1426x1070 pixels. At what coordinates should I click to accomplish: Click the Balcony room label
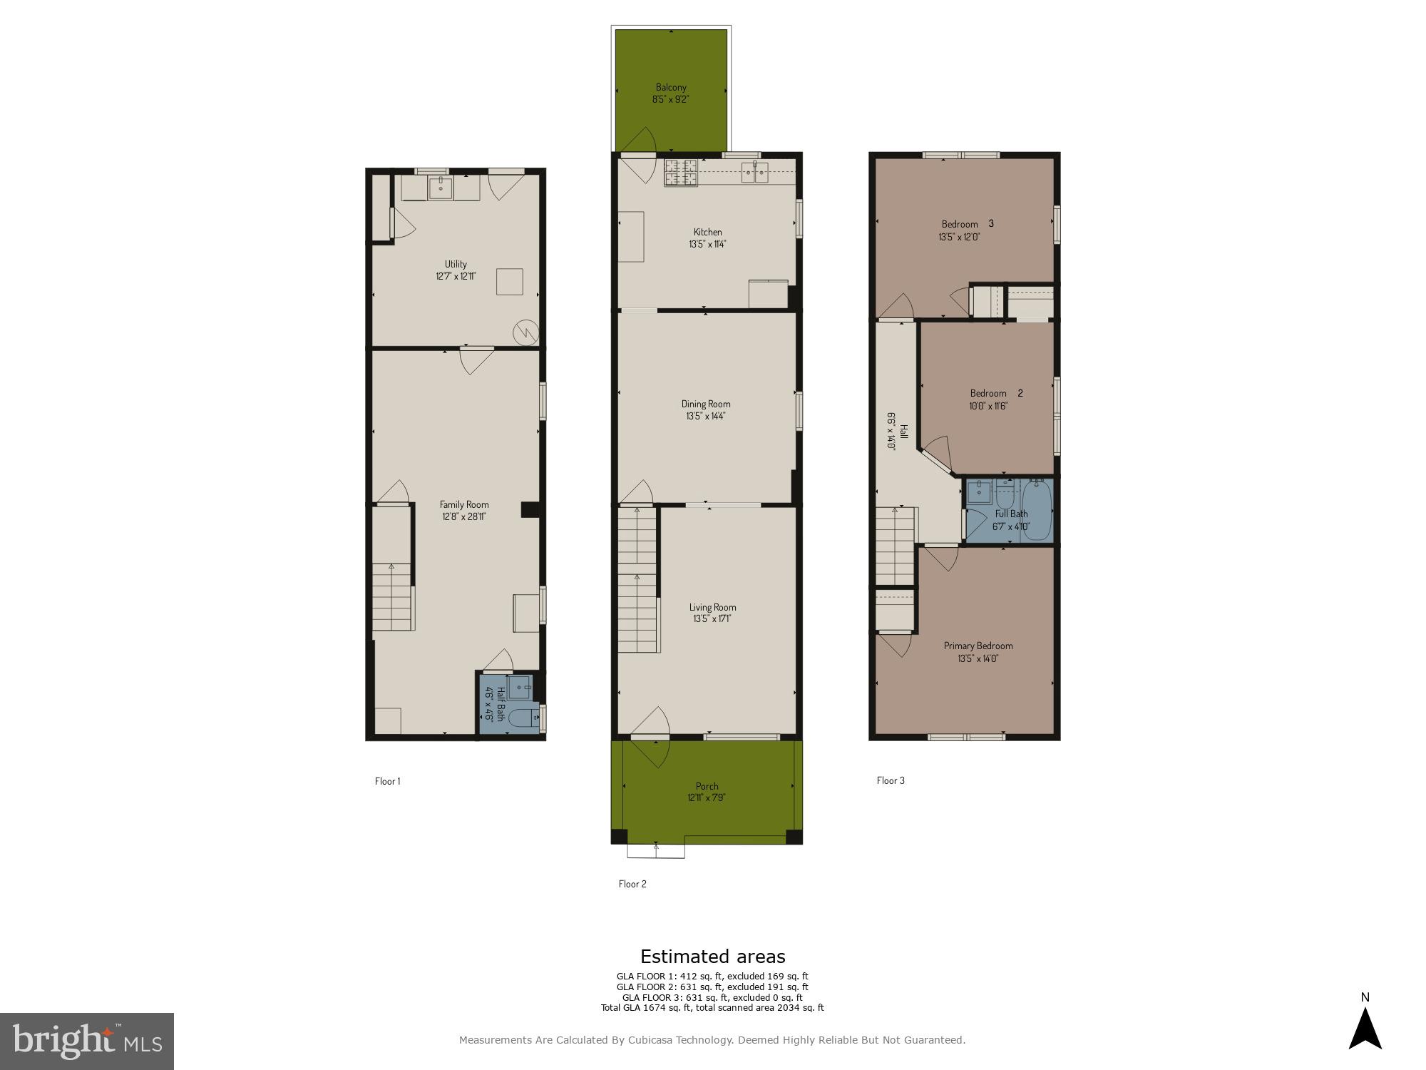click(x=671, y=87)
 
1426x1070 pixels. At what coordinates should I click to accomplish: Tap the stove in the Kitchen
click(x=681, y=173)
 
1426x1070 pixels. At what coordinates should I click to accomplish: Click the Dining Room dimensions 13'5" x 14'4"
click(x=706, y=416)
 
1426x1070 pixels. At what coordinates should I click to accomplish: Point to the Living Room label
click(x=712, y=607)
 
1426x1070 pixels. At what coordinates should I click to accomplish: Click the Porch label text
click(x=707, y=786)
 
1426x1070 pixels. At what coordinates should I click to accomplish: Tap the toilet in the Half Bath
click(x=526, y=718)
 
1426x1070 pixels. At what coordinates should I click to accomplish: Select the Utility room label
click(x=456, y=264)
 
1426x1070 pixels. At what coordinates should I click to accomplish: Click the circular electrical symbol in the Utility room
click(x=525, y=332)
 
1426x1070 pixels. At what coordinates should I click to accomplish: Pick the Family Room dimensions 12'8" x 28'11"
click(x=463, y=516)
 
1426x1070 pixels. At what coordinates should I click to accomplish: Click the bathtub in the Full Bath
click(x=1037, y=511)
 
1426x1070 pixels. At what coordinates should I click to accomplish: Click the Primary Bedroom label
click(x=978, y=646)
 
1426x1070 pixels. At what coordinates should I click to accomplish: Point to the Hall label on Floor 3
click(x=903, y=432)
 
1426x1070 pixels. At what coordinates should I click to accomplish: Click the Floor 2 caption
click(x=632, y=884)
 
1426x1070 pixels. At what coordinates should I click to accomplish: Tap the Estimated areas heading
click(x=712, y=957)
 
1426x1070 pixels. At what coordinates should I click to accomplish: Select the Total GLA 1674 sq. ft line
click(x=712, y=1008)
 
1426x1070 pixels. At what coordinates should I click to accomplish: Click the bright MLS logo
click(x=86, y=1041)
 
